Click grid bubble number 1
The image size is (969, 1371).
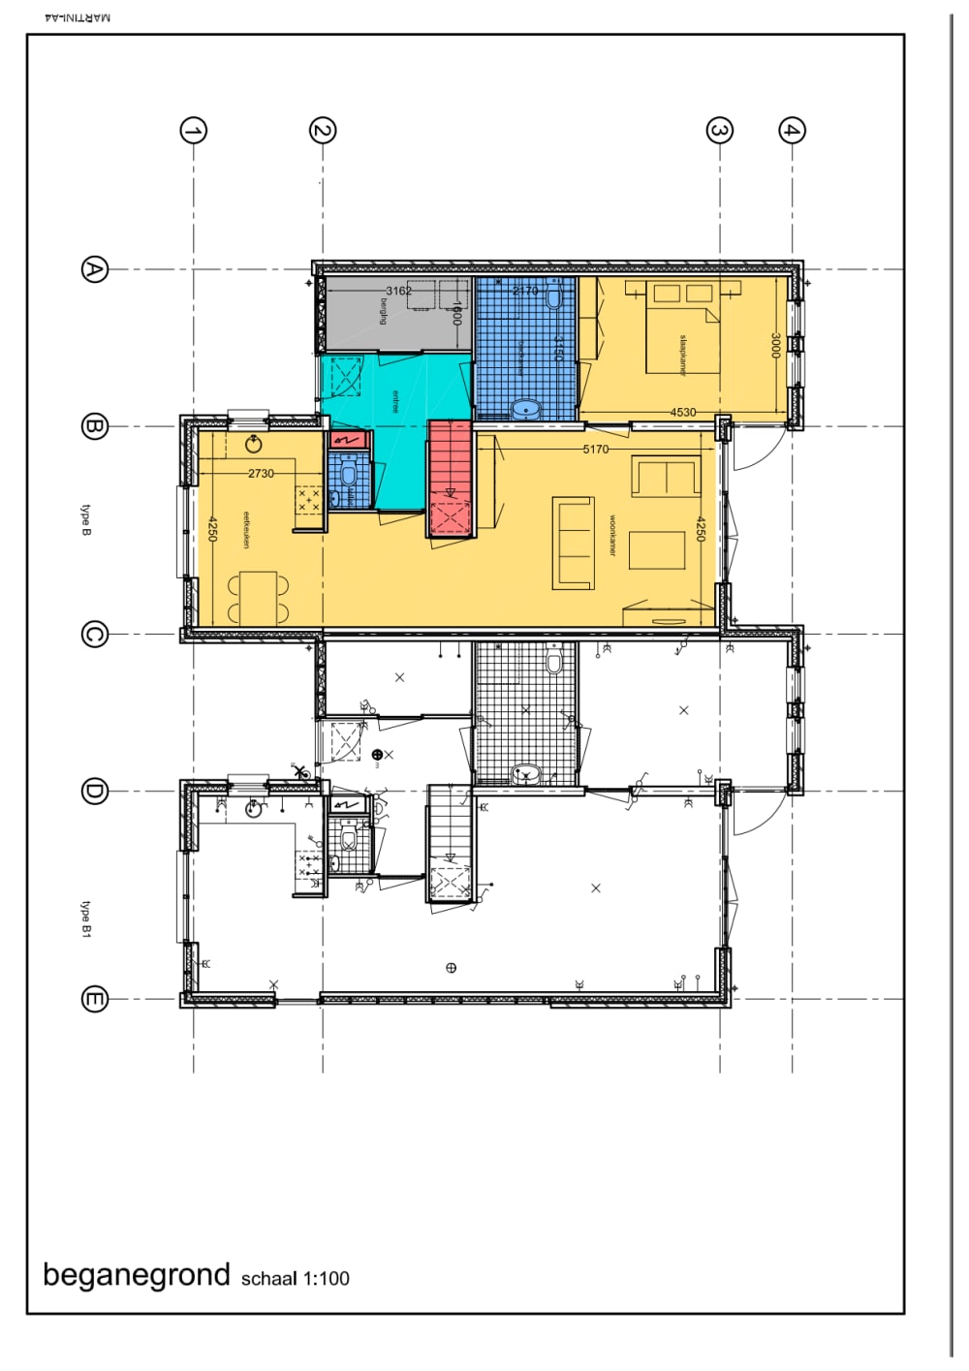click(194, 131)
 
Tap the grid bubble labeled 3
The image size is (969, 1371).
click(719, 131)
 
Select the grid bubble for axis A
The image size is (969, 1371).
click(94, 269)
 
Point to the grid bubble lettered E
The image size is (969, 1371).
click(94, 999)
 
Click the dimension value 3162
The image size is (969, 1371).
click(398, 291)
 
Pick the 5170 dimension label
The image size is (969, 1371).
click(596, 450)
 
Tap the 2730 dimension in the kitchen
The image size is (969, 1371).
click(261, 474)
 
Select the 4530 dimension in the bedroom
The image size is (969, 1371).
click(683, 413)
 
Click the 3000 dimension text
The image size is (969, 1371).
click(775, 345)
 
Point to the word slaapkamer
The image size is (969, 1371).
click(683, 355)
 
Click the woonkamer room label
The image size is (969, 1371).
click(612, 535)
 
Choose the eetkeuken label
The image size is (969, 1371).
click(246, 530)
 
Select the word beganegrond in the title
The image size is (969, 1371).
click(137, 1275)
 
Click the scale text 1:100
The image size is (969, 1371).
click(326, 1279)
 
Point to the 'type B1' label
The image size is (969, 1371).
click(86, 919)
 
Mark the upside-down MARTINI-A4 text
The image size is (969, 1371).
click(78, 17)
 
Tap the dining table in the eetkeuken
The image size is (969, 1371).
click(258, 597)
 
